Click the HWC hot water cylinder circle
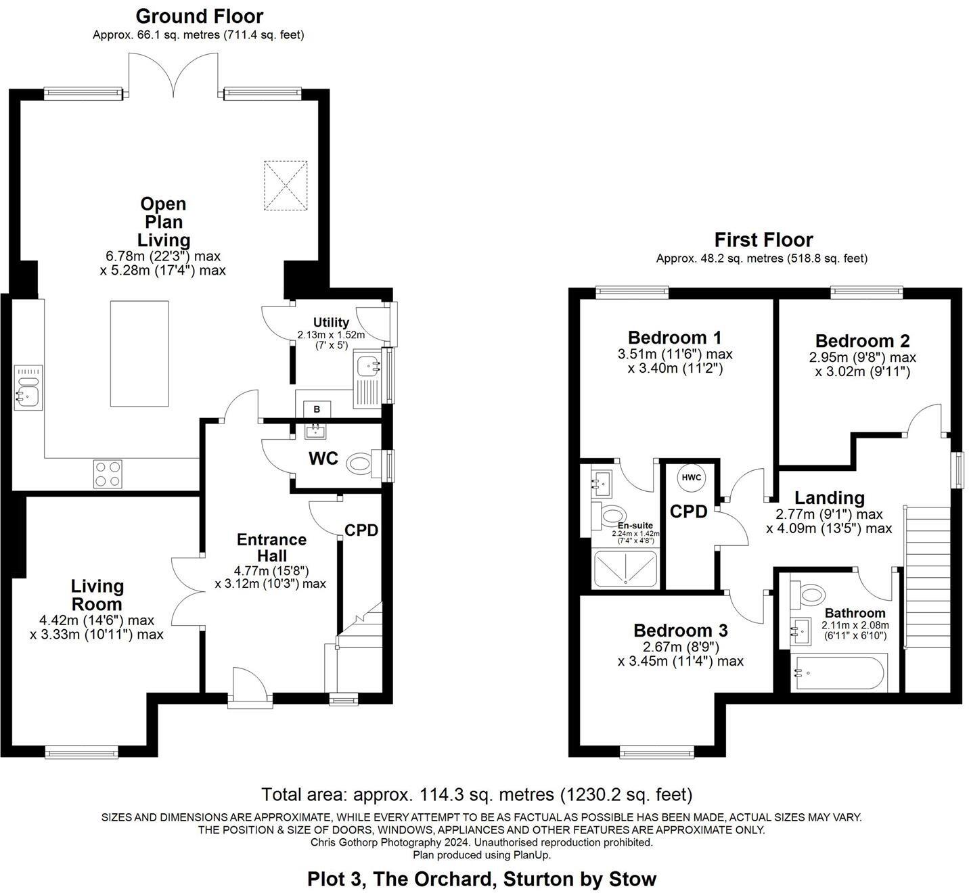pos(691,478)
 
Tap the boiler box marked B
pos(316,409)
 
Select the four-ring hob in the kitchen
pos(107,474)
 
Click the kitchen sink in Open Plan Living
pos(28,389)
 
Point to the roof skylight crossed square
pos(286,184)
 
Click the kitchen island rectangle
pos(139,354)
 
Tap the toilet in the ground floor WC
pos(360,465)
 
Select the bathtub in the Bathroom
pos(838,673)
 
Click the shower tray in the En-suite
pos(625,568)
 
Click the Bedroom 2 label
pos(862,341)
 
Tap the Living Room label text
pos(97,595)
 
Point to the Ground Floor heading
pos(200,16)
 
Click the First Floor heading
pos(763,239)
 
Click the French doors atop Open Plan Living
pos(174,76)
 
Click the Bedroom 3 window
pos(657,751)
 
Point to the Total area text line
pos(476,794)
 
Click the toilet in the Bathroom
pos(810,595)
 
